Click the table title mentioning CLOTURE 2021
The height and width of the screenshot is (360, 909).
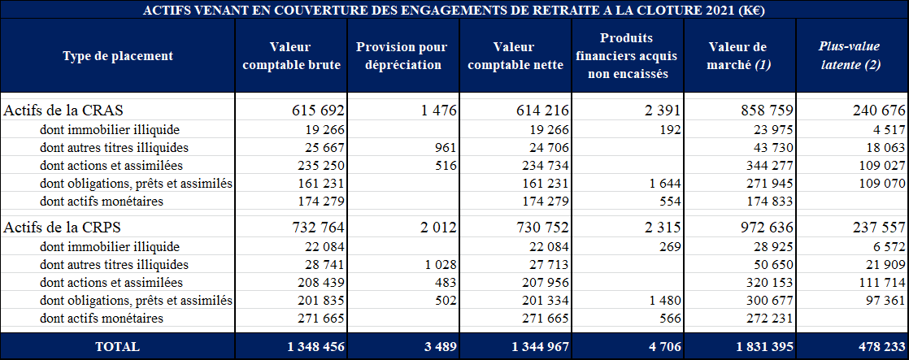click(x=454, y=10)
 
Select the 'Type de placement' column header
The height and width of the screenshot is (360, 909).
click(x=118, y=56)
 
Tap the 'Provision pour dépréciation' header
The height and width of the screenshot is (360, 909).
click(x=402, y=56)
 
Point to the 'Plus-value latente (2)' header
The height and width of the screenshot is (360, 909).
click(x=850, y=56)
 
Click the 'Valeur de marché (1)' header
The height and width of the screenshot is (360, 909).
click(x=737, y=56)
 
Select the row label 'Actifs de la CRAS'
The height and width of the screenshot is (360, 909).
click(x=64, y=110)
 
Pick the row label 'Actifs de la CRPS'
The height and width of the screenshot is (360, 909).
click(x=64, y=228)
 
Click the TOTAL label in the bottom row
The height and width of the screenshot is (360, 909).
click(x=118, y=347)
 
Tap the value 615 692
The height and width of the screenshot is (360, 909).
click(x=319, y=110)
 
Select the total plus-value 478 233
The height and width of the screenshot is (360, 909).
click(x=875, y=347)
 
